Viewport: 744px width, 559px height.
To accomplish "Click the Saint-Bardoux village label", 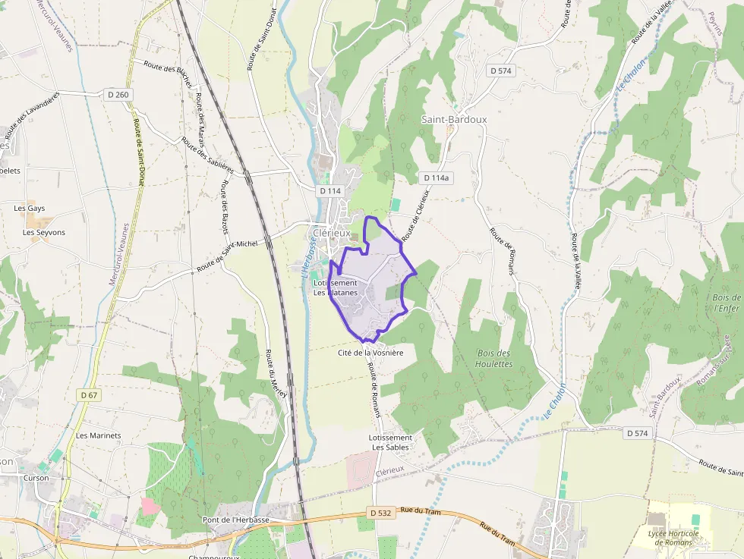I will [454, 120].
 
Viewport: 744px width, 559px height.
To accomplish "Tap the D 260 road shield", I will [117, 95].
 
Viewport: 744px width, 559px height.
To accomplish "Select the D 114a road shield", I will [437, 177].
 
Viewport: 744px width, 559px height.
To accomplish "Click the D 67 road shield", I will [90, 395].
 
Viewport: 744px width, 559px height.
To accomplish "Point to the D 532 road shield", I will [381, 513].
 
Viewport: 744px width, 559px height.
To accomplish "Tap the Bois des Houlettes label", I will [494, 358].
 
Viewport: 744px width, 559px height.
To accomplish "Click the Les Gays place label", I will [30, 208].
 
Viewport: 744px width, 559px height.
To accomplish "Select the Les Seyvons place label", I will [44, 232].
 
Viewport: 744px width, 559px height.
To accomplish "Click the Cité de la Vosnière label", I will [370, 353].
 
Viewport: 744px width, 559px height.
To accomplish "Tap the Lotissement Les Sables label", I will [390, 442].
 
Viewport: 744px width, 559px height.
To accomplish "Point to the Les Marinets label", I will [99, 435].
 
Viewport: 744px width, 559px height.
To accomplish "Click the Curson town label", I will [36, 478].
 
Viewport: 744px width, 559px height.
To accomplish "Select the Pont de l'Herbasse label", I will [236, 520].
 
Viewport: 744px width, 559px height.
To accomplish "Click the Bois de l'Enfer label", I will [727, 303].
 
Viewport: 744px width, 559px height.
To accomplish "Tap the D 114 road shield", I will [331, 191].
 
